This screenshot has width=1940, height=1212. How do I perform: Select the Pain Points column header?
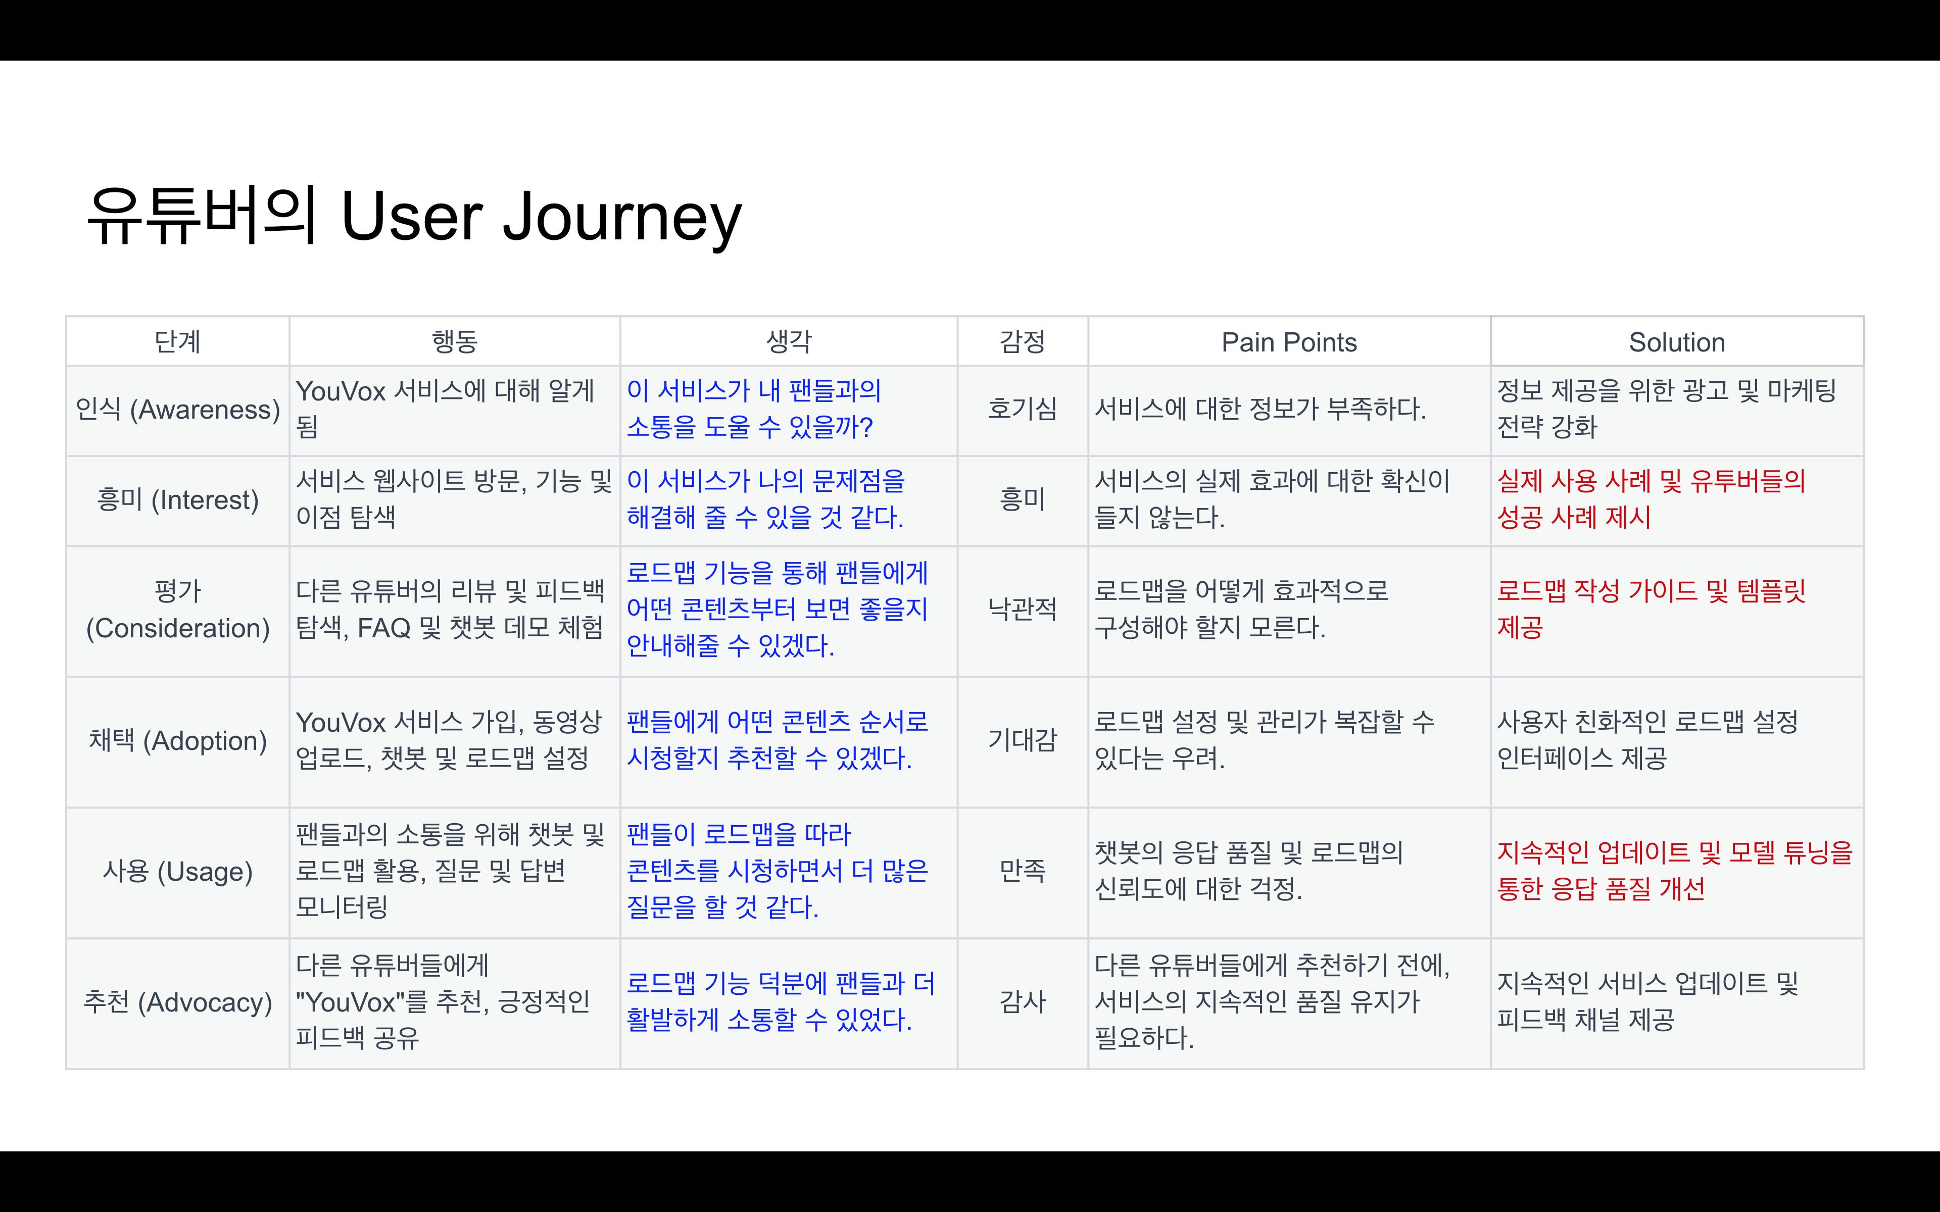pos(1289,342)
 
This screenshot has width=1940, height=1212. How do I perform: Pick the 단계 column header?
pos(177,342)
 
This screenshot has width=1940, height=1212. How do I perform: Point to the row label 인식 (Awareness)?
pos(177,410)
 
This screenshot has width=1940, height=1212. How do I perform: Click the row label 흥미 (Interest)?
pos(177,500)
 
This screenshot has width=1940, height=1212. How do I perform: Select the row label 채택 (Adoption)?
pos(177,741)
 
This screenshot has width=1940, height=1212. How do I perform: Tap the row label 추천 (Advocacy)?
pos(177,1002)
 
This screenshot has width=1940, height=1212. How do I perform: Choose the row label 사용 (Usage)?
pos(177,871)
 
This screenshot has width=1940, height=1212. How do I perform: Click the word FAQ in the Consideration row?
pos(383,628)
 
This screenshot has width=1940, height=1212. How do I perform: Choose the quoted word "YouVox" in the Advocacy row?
pos(350,1002)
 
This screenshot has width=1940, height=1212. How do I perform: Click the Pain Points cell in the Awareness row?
pos(1260,410)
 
